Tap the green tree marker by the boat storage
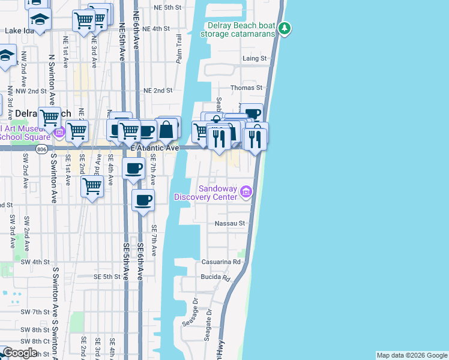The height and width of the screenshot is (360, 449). [x=286, y=28]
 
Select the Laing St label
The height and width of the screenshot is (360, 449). [x=254, y=58]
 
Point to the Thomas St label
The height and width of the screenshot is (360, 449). [x=247, y=88]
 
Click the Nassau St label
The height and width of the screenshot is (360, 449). [x=231, y=223]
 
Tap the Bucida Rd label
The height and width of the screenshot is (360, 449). [x=217, y=278]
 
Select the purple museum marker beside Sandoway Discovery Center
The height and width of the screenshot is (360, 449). [x=245, y=191]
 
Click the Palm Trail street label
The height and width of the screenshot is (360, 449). [x=179, y=48]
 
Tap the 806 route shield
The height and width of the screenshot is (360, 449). [x=40, y=149]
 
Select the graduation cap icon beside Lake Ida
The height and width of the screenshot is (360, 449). [x=40, y=19]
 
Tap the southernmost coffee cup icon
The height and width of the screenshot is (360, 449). [x=143, y=200]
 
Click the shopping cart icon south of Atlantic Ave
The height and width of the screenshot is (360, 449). [x=92, y=186]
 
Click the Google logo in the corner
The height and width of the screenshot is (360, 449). [x=20, y=353]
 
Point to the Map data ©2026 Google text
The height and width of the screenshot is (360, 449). [x=412, y=355]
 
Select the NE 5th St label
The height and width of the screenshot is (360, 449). [x=167, y=7]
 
